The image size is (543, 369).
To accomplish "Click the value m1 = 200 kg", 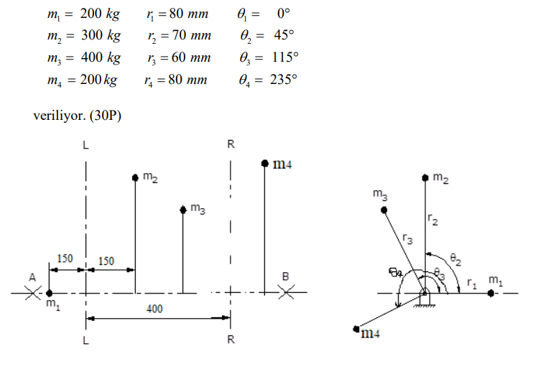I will [x=82, y=14].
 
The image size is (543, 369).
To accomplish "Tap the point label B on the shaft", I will [x=285, y=276].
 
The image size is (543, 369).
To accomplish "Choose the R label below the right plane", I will [x=231, y=340].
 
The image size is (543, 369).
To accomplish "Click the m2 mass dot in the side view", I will [x=135, y=177].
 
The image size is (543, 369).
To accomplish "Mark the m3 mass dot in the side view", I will [x=183, y=210].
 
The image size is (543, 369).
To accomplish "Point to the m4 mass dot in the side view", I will [x=265, y=164].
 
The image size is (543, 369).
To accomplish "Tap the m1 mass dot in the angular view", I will [x=491, y=293].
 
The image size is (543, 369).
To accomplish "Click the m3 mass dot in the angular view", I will [x=384, y=210].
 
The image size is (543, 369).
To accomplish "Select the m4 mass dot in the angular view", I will [x=356, y=330].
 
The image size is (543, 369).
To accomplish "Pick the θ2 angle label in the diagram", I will [x=455, y=257].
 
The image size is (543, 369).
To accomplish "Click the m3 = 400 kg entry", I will [x=82, y=57].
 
